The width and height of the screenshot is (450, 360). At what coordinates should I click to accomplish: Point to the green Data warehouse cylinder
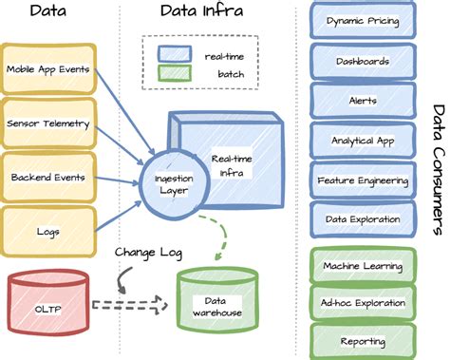pyautogui.click(x=215, y=303)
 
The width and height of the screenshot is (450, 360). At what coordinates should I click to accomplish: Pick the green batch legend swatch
pyautogui.click(x=177, y=75)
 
